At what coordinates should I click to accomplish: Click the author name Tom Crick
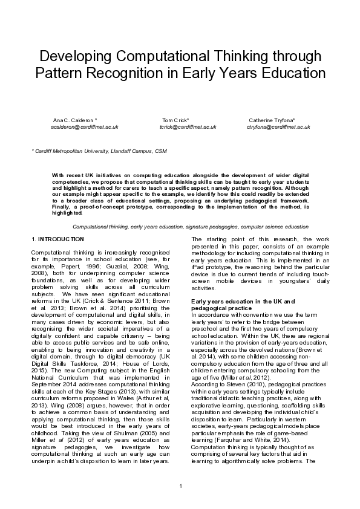coord(175,120)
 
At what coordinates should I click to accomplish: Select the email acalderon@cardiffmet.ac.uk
coord(84,127)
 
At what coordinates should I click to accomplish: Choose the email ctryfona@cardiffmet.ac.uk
coord(278,127)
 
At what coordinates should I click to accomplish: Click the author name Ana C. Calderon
coord(75,120)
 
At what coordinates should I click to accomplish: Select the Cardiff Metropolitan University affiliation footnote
coord(99,151)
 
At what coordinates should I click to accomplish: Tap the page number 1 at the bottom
coord(180,487)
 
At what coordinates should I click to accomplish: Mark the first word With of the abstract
coord(57,174)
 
